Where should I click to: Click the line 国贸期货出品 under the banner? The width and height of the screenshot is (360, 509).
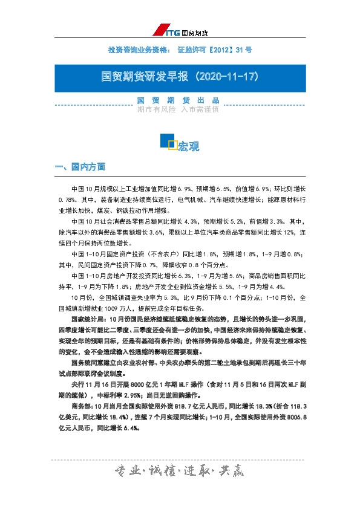pos(178,100)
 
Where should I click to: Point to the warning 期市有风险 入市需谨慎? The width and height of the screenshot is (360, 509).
pos(178,110)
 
